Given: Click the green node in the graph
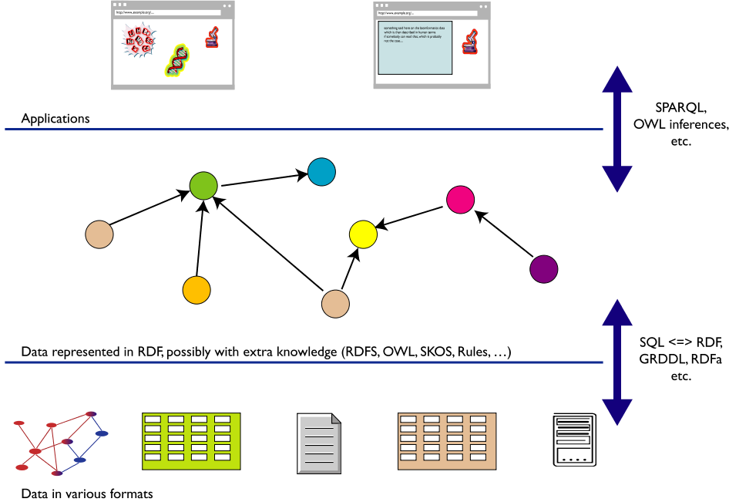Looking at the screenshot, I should coord(204,187).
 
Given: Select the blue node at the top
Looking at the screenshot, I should coord(321,171).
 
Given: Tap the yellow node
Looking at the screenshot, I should coord(363,233).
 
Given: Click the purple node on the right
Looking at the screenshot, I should coord(544,269).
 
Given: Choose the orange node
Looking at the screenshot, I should coord(197,290).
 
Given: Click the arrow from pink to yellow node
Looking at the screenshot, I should coord(412,217).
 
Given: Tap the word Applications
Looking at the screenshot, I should coord(55,119).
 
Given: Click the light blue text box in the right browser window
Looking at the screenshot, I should coord(415,48).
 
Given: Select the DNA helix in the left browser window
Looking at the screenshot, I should coord(177,60).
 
